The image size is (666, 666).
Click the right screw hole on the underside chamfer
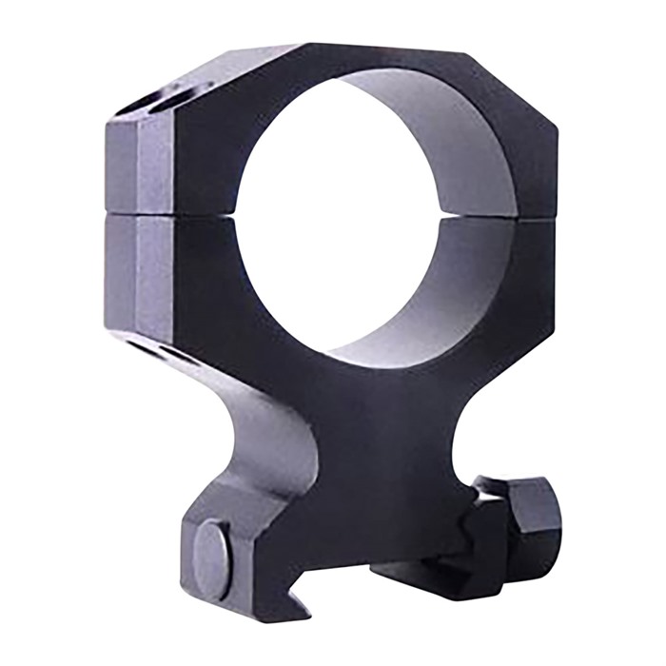click(176, 358)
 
